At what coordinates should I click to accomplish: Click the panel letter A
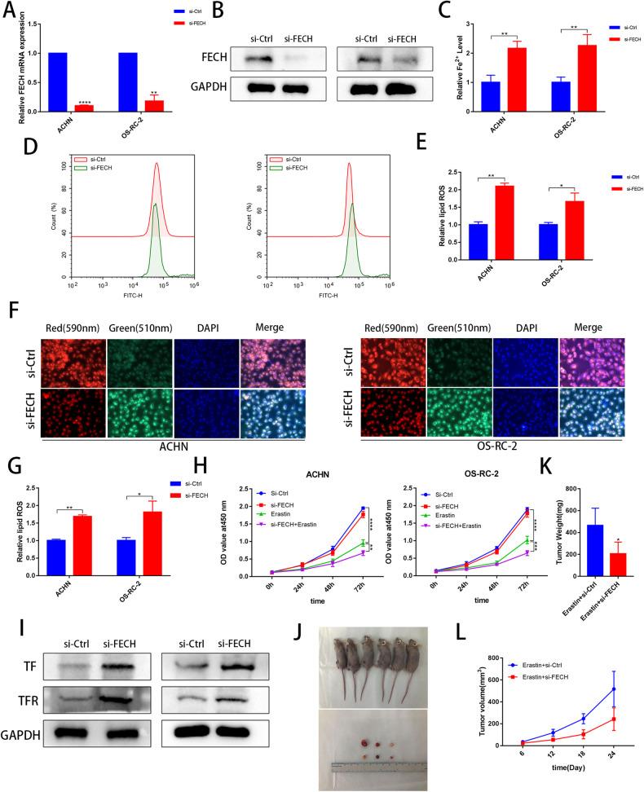10,11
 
